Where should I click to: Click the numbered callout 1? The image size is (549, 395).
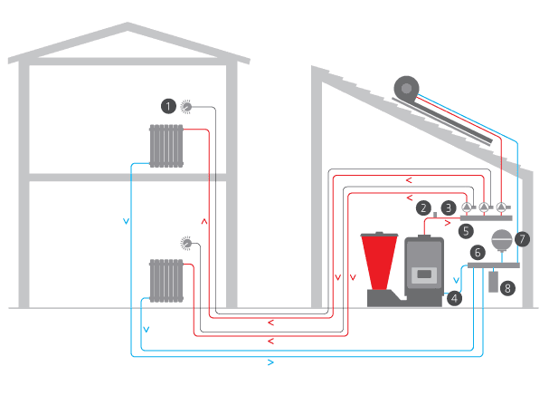pyautogui.click(x=167, y=106)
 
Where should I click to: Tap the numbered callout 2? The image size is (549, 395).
pyautogui.click(x=421, y=207)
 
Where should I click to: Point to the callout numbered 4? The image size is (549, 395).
pyautogui.click(x=454, y=296)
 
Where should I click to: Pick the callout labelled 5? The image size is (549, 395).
pyautogui.click(x=465, y=231)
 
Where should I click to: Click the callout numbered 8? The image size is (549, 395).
pyautogui.click(x=506, y=288)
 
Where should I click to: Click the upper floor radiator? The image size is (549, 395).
pyautogui.click(x=166, y=145)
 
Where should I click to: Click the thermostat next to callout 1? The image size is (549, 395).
pyautogui.click(x=186, y=106)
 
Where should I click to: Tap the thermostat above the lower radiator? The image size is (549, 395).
pyautogui.click(x=186, y=243)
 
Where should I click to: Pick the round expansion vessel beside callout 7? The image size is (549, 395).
pyautogui.click(x=499, y=241)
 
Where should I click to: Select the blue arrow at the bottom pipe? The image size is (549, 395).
pyautogui.click(x=272, y=362)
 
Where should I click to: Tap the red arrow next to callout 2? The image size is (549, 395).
pyautogui.click(x=449, y=222)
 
